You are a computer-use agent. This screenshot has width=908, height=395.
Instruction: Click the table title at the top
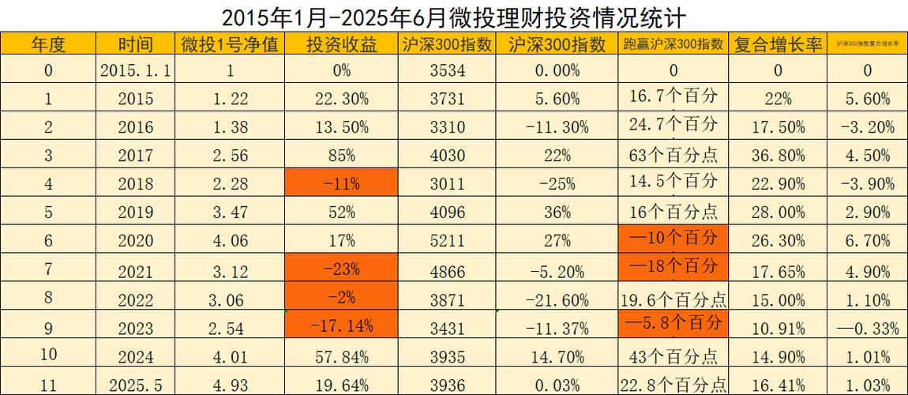(453, 16)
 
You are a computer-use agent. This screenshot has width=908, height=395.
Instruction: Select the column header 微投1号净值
(230, 44)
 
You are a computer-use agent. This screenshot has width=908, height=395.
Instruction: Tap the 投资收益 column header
(341, 44)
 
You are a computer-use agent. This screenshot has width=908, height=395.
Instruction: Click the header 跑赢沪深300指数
(673, 44)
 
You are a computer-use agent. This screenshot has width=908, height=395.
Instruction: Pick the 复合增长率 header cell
(778, 44)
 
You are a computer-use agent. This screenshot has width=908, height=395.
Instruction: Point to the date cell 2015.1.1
(136, 71)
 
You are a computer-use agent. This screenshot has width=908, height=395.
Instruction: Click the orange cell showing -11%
(341, 184)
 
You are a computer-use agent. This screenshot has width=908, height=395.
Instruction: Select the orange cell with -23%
(341, 269)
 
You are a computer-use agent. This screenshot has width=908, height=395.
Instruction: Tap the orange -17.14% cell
(341, 325)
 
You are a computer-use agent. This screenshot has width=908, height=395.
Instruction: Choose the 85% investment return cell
(341, 156)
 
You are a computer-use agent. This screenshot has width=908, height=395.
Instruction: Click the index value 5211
(447, 241)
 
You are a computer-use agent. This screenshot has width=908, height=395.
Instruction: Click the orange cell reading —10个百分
(673, 238)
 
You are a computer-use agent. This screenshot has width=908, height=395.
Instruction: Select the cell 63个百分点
(673, 156)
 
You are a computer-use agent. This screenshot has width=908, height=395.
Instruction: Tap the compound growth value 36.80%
(778, 156)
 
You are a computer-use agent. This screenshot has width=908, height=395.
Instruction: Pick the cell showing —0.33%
(867, 327)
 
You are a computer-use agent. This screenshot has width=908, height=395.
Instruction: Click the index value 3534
(447, 71)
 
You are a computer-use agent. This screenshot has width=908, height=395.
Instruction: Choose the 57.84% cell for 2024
(341, 355)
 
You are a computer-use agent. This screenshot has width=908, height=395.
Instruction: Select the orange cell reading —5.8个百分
(673, 323)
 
